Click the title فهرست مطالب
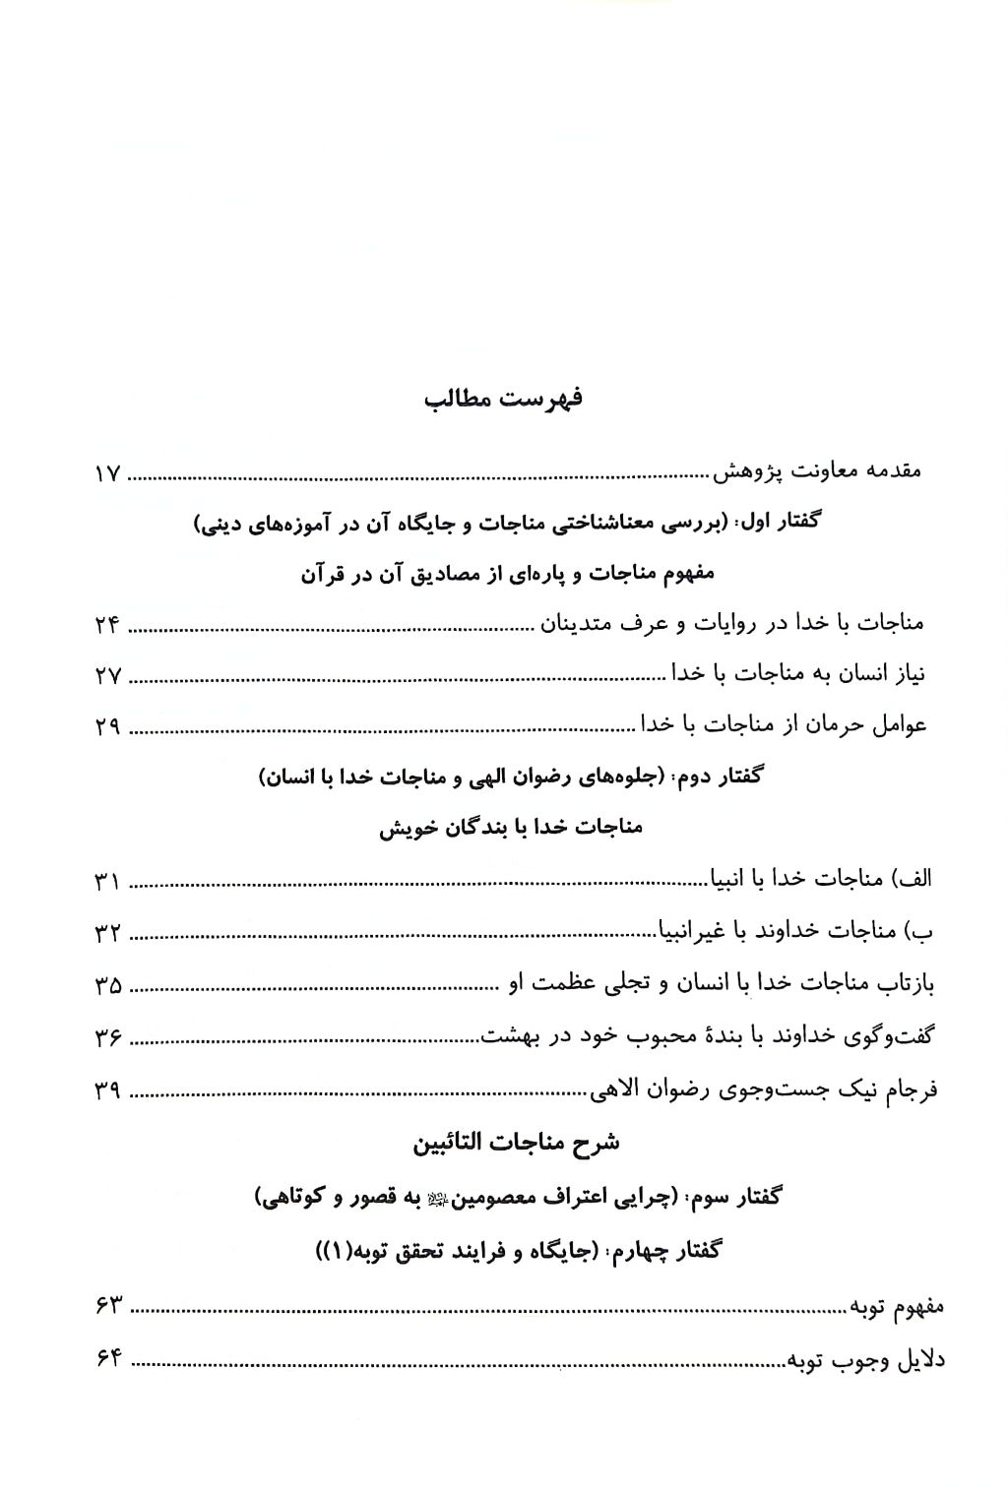tap(503, 400)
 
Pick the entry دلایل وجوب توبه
tap(865, 1360)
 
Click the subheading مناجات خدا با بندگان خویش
tap(511, 828)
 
